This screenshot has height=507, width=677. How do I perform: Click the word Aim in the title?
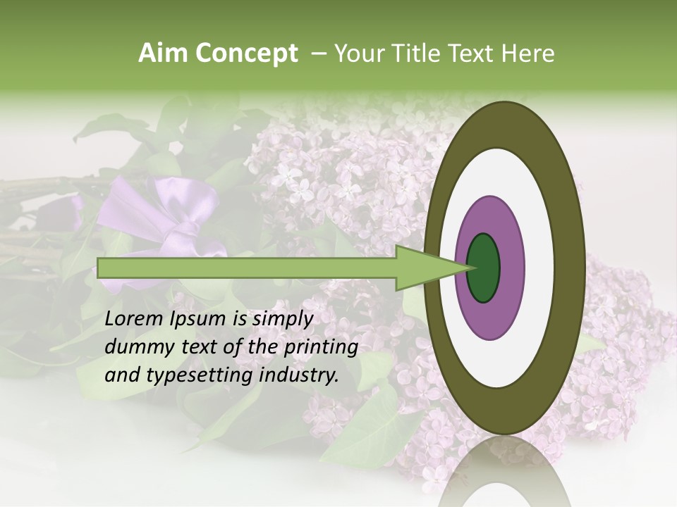pyautogui.click(x=162, y=54)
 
